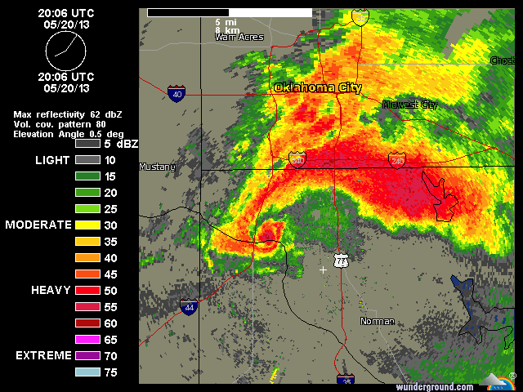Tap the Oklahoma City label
tap(318, 87)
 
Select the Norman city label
tap(377, 321)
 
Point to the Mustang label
tap(157, 167)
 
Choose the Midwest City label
tap(409, 105)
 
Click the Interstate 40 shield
tap(176, 93)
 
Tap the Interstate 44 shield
tap(190, 306)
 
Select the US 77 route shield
tap(341, 259)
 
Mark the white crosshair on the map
tap(323, 269)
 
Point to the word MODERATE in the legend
tap(38, 225)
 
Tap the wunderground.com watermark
tap(436, 386)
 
